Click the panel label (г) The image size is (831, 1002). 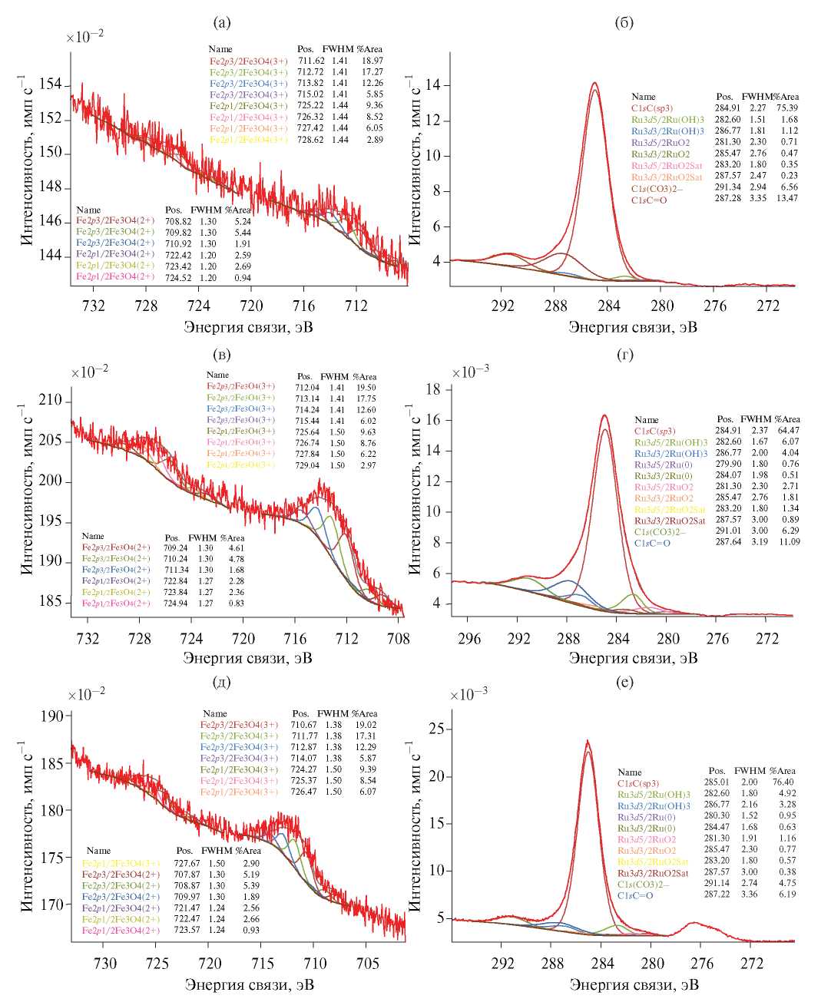click(x=624, y=355)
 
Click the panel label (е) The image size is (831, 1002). click(x=624, y=681)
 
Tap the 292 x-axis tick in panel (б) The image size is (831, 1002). click(x=503, y=306)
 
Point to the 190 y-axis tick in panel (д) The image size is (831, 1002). click(x=52, y=717)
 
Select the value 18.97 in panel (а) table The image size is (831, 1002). click(x=372, y=61)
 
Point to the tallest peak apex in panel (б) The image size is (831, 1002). click(x=594, y=83)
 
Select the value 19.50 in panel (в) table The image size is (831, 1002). click(x=364, y=388)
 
